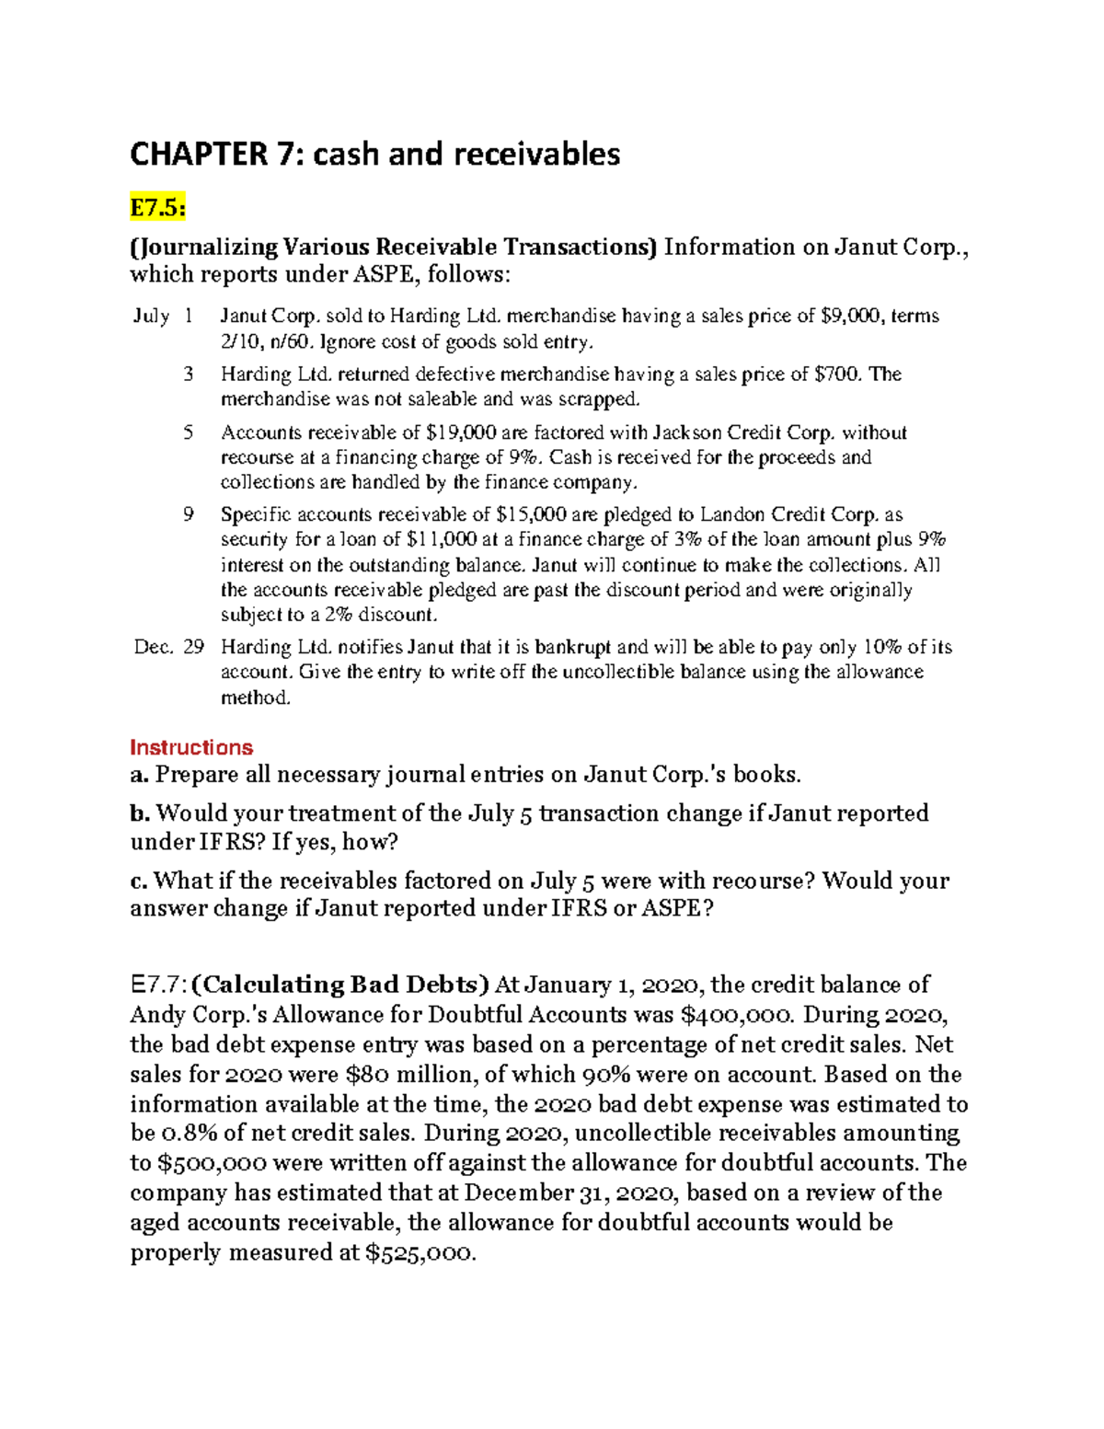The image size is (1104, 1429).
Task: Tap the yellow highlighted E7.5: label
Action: pos(157,209)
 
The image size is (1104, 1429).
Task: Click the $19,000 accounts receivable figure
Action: pos(462,433)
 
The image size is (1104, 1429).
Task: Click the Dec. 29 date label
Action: pos(168,647)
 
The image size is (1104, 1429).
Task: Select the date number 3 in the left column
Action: pos(189,375)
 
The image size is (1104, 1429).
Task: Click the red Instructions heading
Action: pos(191,747)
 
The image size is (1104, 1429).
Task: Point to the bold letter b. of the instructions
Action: pos(140,813)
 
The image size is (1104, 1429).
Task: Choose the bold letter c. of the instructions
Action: pos(139,881)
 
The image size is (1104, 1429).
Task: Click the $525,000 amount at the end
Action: pos(420,1253)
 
